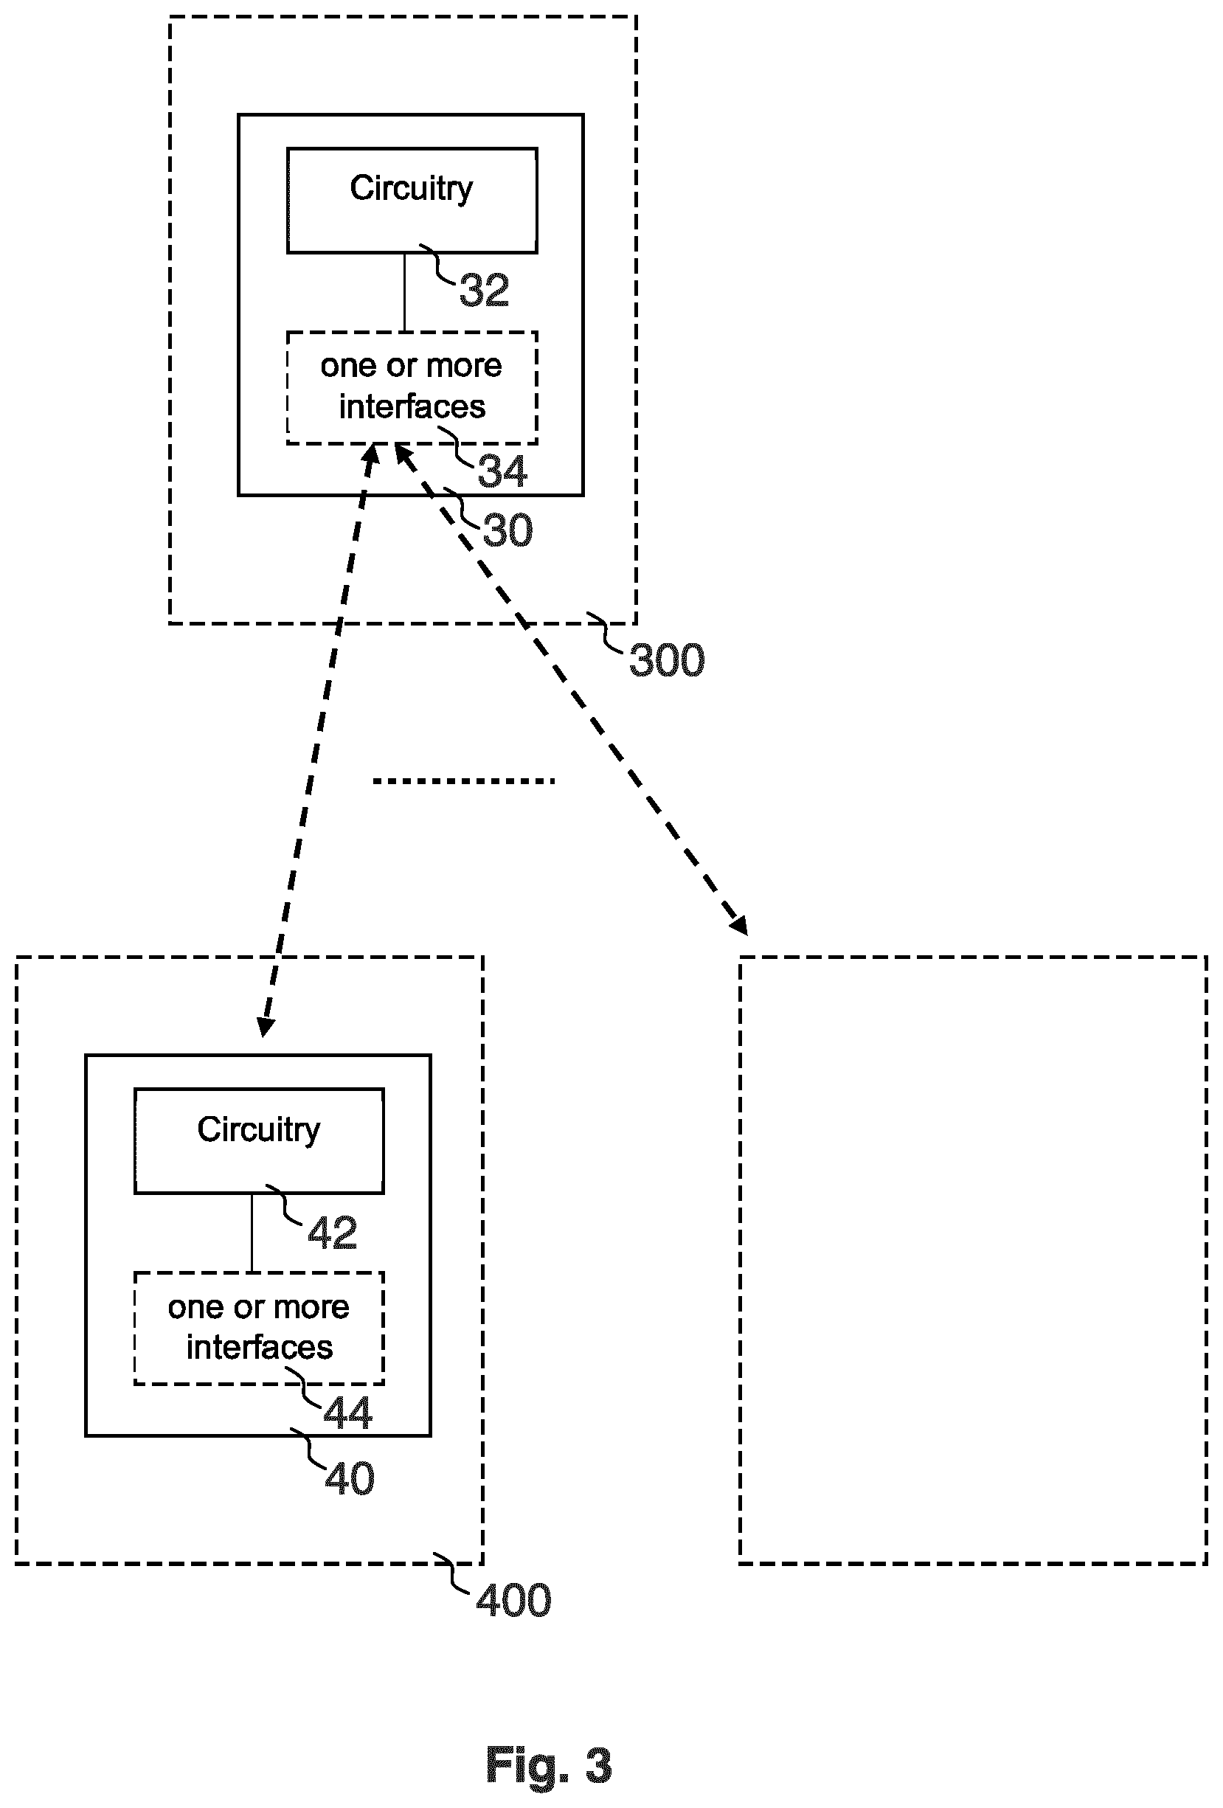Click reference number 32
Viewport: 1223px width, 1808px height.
point(484,290)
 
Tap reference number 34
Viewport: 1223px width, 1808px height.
point(502,471)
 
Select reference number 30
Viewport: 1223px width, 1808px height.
point(508,530)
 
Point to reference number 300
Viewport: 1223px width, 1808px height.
point(667,660)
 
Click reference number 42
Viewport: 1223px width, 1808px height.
point(332,1233)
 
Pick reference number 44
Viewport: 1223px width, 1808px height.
point(347,1412)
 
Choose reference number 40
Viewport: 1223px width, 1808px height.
point(350,1478)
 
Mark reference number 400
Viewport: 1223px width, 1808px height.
point(513,1600)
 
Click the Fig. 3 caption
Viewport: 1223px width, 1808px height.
point(549,1764)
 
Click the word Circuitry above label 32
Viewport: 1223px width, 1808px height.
point(411,189)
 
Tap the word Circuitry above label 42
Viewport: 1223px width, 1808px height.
point(258,1130)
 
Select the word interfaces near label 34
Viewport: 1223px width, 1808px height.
point(412,407)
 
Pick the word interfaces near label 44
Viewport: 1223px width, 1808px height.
point(259,1348)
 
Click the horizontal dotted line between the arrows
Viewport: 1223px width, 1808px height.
point(464,780)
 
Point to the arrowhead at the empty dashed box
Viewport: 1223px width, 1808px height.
point(738,924)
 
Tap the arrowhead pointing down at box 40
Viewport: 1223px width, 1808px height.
point(265,1026)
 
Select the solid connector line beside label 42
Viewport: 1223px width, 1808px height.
point(252,1233)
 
